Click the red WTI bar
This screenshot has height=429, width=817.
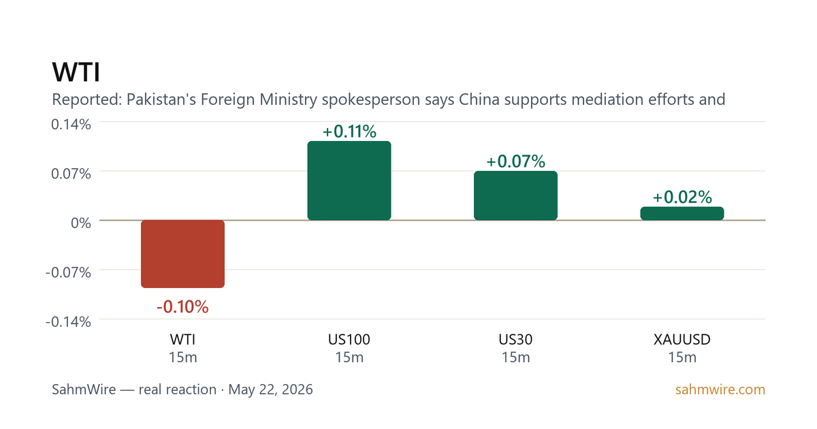pyautogui.click(x=182, y=254)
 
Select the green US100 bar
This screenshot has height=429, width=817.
pyautogui.click(x=349, y=180)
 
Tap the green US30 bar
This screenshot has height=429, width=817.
pyautogui.click(x=516, y=195)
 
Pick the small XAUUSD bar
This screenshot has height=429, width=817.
pyautogui.click(x=682, y=213)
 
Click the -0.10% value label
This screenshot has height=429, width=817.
pyautogui.click(x=182, y=307)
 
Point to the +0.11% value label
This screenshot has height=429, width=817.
pyautogui.click(x=349, y=131)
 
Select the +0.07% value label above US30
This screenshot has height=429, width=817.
pyautogui.click(x=516, y=161)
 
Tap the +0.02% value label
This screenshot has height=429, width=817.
pyautogui.click(x=682, y=197)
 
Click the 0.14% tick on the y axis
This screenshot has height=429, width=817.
pyautogui.click(x=71, y=125)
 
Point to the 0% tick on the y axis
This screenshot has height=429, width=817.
pyautogui.click(x=81, y=223)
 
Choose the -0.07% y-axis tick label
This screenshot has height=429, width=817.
pyautogui.click(x=68, y=272)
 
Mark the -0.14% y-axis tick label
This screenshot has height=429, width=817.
pyautogui.click(x=68, y=321)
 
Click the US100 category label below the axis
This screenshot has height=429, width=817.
pyautogui.click(x=349, y=340)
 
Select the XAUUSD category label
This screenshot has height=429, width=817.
pyautogui.click(x=682, y=340)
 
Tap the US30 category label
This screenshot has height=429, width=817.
pyautogui.click(x=516, y=340)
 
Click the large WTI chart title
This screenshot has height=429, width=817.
pyautogui.click(x=76, y=72)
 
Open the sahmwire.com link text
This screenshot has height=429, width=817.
pyautogui.click(x=720, y=390)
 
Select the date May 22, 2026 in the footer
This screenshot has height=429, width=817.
pyautogui.click(x=271, y=390)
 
